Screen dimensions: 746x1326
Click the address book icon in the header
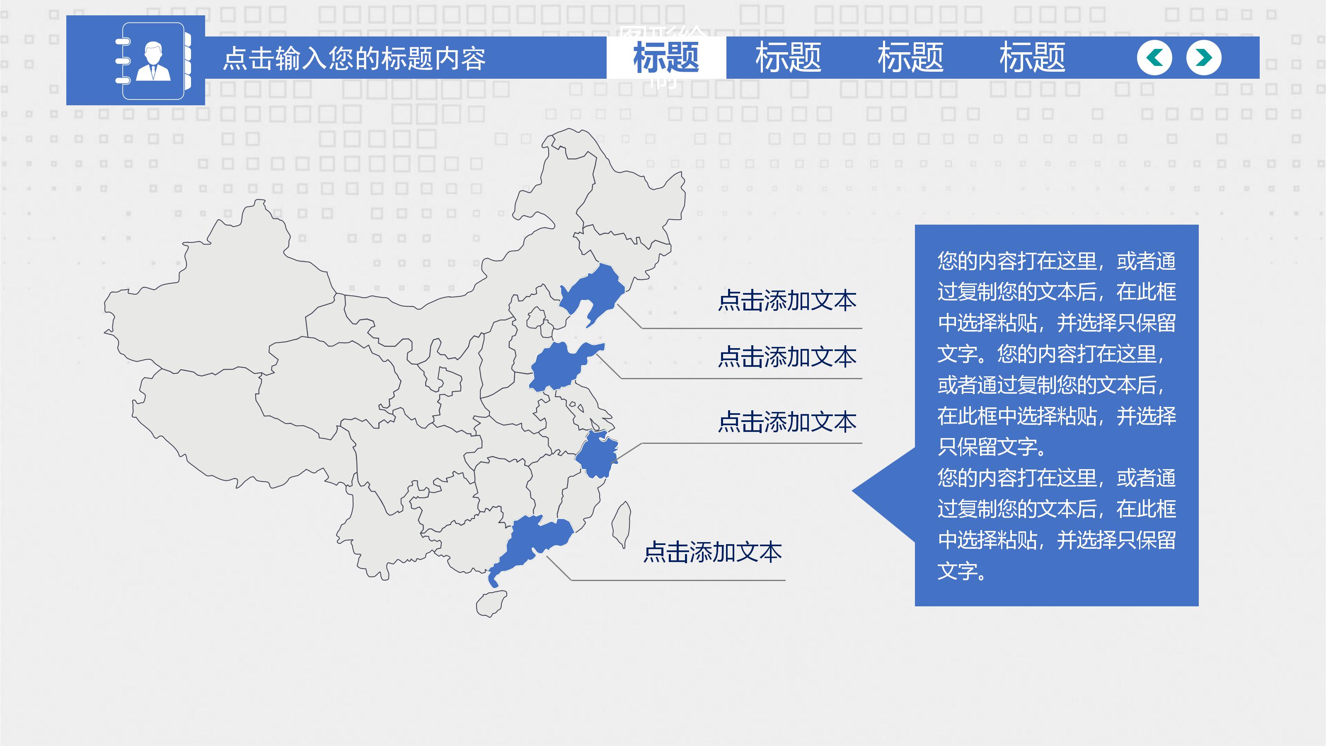[153, 61]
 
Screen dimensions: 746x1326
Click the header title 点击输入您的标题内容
[354, 58]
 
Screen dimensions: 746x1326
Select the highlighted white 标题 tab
[666, 57]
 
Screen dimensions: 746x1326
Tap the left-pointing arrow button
[1154, 58]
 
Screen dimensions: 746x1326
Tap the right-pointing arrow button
[1203, 58]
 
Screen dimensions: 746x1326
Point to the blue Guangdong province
[535, 540]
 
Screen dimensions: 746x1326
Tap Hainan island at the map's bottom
[491, 604]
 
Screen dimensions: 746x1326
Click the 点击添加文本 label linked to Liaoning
[787, 300]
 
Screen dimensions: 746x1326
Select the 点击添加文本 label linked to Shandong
[787, 357]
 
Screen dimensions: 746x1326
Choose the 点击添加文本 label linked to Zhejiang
[787, 422]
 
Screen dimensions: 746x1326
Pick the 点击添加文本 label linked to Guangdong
[712, 552]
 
